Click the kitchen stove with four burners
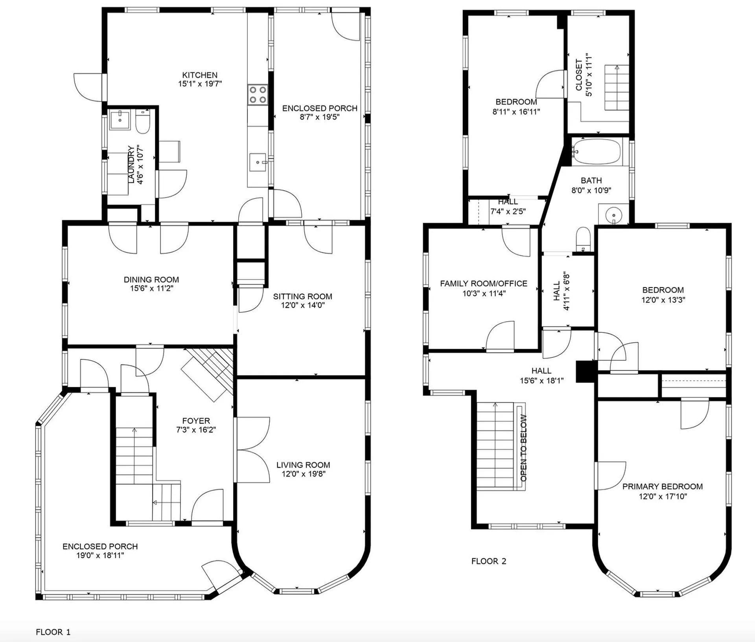tap(258, 95)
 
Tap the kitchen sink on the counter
tap(258, 162)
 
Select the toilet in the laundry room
tap(142, 121)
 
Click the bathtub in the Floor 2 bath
tap(597, 151)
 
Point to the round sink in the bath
tap(613, 215)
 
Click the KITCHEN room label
tap(200, 75)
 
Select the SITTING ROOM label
tap(302, 296)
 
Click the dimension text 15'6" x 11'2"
tap(151, 289)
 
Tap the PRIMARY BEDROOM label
tap(663, 486)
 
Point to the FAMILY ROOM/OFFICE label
tap(484, 283)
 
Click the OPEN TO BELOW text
tap(523, 448)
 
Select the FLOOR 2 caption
tap(489, 561)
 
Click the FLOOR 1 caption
tap(53, 632)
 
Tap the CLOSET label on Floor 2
tap(579, 75)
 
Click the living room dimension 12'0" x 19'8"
tap(303, 474)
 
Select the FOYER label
tap(196, 421)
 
